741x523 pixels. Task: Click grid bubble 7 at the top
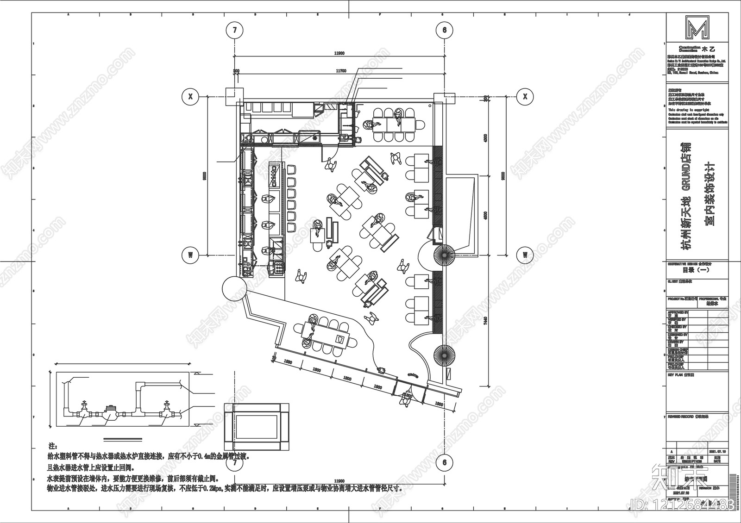235,31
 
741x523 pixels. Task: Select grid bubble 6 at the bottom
445,462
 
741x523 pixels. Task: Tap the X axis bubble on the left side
190,97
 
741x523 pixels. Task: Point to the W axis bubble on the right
525,255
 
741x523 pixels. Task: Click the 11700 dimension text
341,71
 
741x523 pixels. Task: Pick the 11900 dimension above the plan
339,53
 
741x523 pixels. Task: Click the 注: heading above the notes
52,446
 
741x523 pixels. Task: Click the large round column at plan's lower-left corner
235,288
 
